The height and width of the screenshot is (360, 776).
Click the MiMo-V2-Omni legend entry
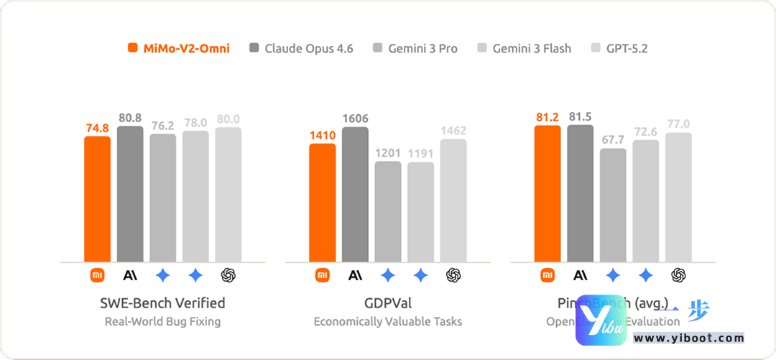[x=179, y=49]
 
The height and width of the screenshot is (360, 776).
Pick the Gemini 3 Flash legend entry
[x=524, y=49]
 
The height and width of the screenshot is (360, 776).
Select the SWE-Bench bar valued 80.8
[x=130, y=194]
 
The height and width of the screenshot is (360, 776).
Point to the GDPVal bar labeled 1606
[x=355, y=194]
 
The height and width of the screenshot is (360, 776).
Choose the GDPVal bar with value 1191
[x=420, y=212]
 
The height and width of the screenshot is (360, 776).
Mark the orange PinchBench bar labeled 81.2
[x=548, y=193]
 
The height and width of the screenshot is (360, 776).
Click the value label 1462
[x=453, y=131]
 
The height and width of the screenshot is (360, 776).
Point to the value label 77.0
[x=678, y=124]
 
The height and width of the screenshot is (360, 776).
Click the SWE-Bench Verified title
[x=162, y=303]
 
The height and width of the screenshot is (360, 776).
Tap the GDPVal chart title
[x=388, y=303]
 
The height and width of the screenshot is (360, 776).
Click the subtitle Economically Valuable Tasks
[x=388, y=321]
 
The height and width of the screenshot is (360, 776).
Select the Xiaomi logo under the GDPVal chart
[x=323, y=274]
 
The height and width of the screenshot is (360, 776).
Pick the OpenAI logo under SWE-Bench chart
[x=228, y=274]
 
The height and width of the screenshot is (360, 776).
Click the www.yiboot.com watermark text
[x=688, y=338]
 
